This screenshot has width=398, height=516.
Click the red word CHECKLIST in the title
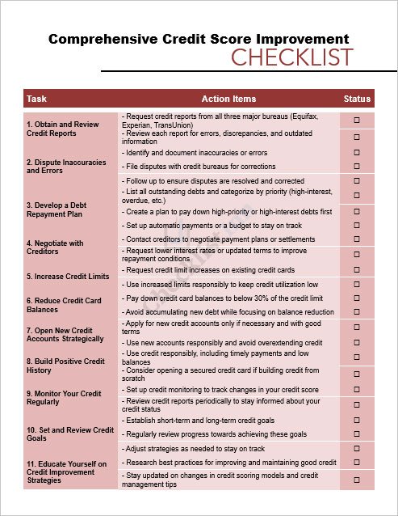292,58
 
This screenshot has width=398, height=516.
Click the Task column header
36,99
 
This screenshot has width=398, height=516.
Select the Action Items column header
228,99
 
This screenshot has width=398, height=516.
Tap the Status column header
357,99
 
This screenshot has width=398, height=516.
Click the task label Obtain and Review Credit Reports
62,129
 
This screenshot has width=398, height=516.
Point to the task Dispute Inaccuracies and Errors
65,167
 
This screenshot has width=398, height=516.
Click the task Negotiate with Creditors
55,247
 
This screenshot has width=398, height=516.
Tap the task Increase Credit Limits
67,277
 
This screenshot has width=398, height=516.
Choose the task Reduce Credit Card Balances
64,305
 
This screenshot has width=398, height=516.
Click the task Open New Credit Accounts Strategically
65,335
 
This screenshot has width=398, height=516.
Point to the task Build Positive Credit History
65,366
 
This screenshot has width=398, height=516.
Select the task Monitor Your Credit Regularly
64,397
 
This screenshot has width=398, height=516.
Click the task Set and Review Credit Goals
69,434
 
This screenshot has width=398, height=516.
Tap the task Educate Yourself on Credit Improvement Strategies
66,472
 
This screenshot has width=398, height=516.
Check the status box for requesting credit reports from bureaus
357,120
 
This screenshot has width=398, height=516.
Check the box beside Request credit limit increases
357,269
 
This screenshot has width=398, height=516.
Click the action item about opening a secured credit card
220,374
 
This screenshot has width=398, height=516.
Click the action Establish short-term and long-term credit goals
199,421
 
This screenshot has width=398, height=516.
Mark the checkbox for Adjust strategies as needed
357,448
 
